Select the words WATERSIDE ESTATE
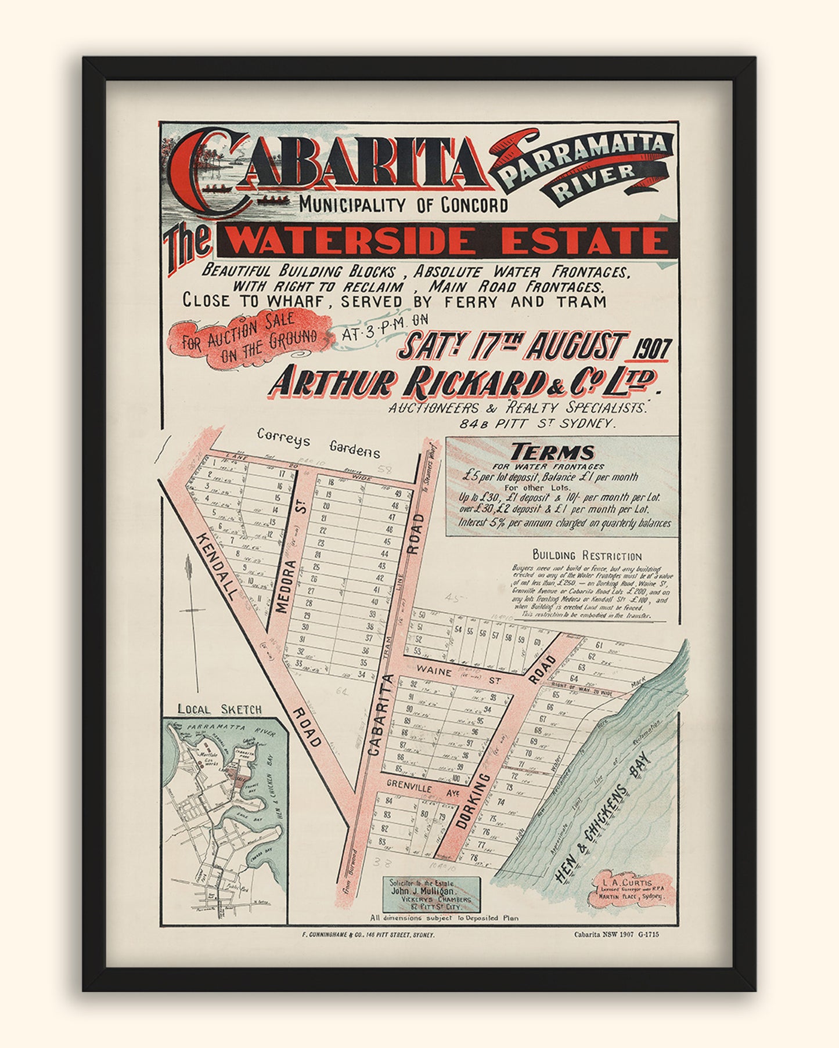pos(447,240)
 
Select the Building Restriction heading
pos(586,555)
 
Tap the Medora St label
pos(287,586)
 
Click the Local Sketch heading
pos(219,709)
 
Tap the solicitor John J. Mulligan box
pos(431,894)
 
